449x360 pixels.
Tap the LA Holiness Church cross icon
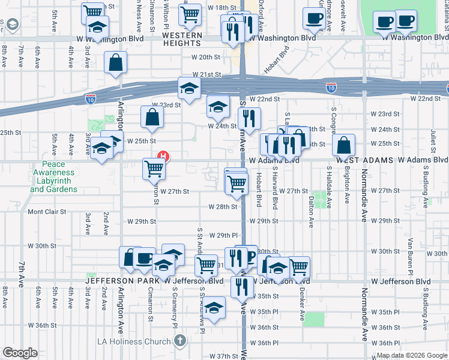[179, 341]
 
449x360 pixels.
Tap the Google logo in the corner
[20, 353]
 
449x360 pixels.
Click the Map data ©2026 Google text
[411, 355]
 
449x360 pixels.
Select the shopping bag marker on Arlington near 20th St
[115, 62]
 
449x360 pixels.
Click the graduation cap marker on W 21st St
[189, 88]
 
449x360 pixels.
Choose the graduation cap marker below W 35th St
[213, 308]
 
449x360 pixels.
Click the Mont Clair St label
[44, 212]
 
